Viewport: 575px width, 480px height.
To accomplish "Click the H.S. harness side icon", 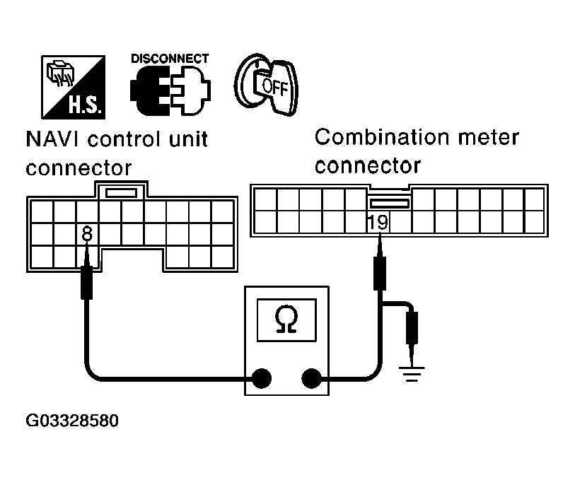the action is pyautogui.click(x=73, y=87).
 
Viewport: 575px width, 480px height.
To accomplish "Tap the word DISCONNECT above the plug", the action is pyautogui.click(x=170, y=59).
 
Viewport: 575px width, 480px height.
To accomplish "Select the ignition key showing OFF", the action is pyautogui.click(x=266, y=85).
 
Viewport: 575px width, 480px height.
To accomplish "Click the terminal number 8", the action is pyautogui.click(x=87, y=233).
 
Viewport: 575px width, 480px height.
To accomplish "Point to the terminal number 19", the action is pyautogui.click(x=378, y=222).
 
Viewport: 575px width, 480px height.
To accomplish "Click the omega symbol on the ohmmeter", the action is pyautogui.click(x=286, y=320).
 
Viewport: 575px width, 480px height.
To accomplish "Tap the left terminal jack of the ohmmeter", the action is pyautogui.click(x=262, y=378).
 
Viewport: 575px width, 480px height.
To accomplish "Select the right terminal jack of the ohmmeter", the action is pyautogui.click(x=311, y=378).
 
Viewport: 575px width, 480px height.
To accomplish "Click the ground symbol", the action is pyautogui.click(x=412, y=374).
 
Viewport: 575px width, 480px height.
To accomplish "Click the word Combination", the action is pyautogui.click(x=382, y=137).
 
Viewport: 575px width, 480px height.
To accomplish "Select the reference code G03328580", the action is pyautogui.click(x=72, y=421).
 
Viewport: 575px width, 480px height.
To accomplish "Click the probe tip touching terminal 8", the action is pyautogui.click(x=87, y=254).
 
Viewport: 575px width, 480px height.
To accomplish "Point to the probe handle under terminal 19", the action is pyautogui.click(x=380, y=274).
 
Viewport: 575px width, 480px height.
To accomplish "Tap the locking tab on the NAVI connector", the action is pyautogui.click(x=121, y=192).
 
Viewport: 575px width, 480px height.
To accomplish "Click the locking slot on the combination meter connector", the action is pyautogui.click(x=389, y=204).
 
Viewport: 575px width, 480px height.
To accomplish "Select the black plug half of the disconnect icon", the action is pyautogui.click(x=149, y=90).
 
